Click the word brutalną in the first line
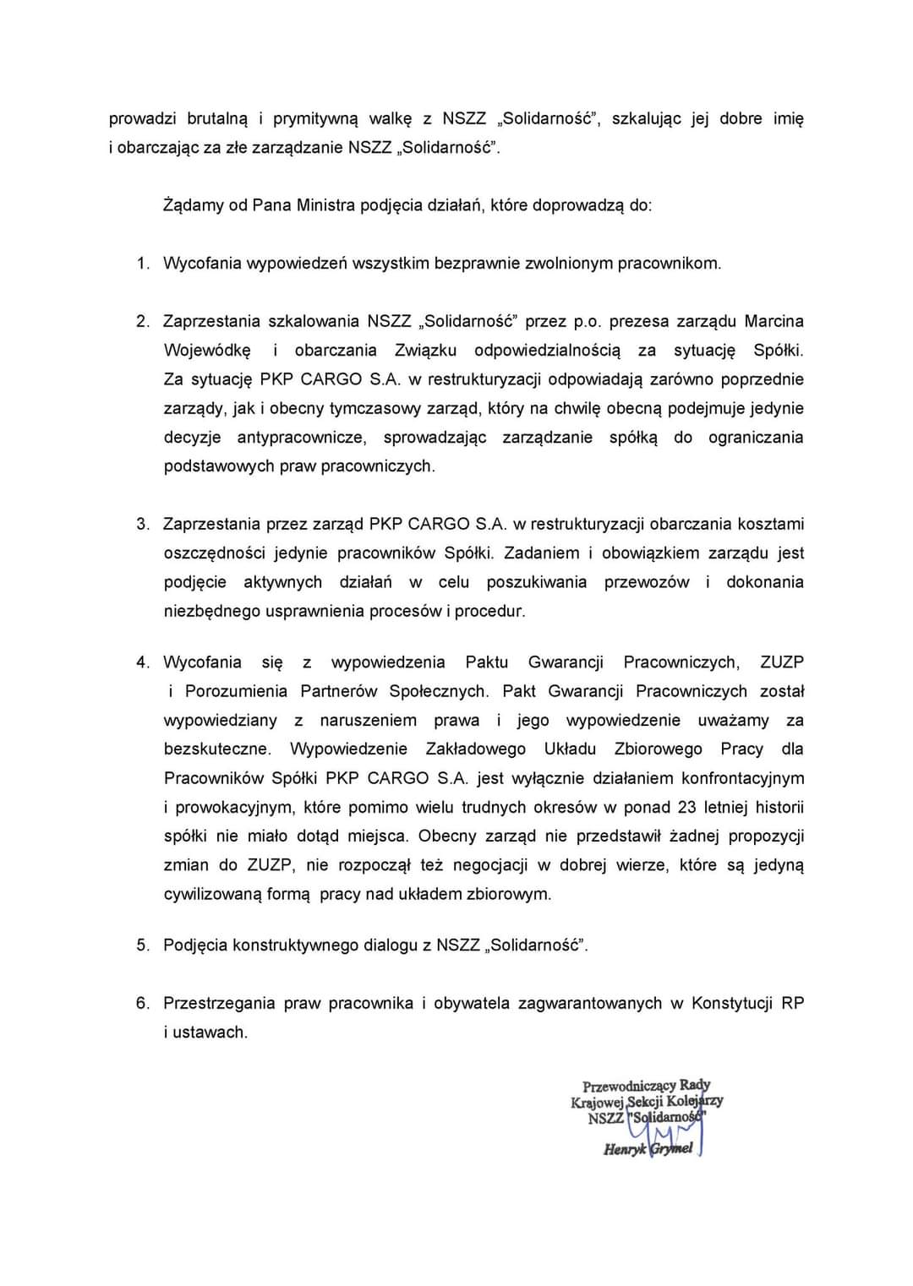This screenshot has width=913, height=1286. coord(217,118)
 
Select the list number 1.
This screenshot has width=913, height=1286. coord(142,263)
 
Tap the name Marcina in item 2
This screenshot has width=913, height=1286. coord(774,321)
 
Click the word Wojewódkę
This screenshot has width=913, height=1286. coord(207,350)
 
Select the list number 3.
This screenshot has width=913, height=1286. coord(142,524)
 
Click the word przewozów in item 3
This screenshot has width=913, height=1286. coord(646,581)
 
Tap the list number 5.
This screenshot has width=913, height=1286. coord(142,945)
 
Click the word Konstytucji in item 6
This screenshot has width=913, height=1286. coord(732,1003)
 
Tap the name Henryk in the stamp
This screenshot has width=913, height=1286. coord(625,1148)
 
